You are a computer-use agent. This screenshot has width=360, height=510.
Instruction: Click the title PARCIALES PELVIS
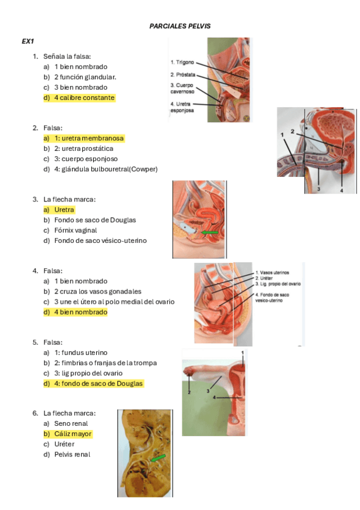pyautogui.click(x=180, y=26)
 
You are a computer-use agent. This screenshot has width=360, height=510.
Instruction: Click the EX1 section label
pyautogui.click(x=28, y=41)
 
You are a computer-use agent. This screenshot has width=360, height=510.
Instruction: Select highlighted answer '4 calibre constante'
pyautogui.click(x=84, y=97)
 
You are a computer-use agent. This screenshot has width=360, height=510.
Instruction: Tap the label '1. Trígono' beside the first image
pyautogui.click(x=182, y=62)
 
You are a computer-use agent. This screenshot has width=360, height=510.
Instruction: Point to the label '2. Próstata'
pyautogui.click(x=183, y=75)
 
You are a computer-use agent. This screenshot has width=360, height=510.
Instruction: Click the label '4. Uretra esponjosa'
pyautogui.click(x=182, y=107)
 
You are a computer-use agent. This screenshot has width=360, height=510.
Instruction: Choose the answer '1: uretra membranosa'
pyautogui.click(x=89, y=138)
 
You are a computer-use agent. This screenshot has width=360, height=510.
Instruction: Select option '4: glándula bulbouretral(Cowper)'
pyautogui.click(x=106, y=169)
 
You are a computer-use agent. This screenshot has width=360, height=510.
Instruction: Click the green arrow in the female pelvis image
pyautogui.click(x=210, y=233)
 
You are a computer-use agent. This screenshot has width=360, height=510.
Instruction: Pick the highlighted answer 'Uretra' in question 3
pyautogui.click(x=64, y=210)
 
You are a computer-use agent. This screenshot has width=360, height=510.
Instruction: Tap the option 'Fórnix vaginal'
pyautogui.click(x=75, y=230)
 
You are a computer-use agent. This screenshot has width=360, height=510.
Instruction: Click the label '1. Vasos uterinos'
pyautogui.click(x=272, y=272)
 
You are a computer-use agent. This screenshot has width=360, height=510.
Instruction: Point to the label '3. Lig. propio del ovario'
pyautogui.click(x=278, y=284)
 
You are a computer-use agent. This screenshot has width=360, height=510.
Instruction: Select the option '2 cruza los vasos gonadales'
pyautogui.click(x=98, y=292)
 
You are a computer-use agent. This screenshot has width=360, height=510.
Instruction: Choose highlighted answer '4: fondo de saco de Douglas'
pyautogui.click(x=98, y=384)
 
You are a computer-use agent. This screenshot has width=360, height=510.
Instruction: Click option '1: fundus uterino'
pyautogui.click(x=81, y=352)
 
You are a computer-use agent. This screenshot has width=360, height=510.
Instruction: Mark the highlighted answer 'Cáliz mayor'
pyautogui.click(x=73, y=434)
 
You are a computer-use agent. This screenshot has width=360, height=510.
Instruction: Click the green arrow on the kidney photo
pyautogui.click(x=159, y=458)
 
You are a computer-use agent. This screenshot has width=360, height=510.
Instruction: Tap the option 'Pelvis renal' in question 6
pyautogui.click(x=72, y=455)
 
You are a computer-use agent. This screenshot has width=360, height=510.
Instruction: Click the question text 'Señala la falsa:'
pyautogui.click(x=67, y=57)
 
